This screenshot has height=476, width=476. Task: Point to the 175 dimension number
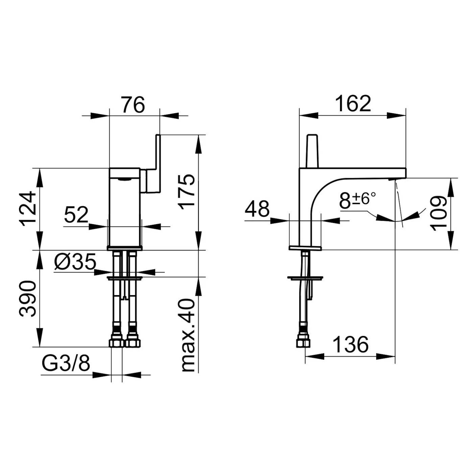click(x=187, y=192)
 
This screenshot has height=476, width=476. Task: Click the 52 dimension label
click(x=76, y=214)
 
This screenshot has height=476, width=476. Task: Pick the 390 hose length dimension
click(x=27, y=299)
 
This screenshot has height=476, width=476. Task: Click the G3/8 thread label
click(x=66, y=363)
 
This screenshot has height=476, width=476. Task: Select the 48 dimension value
click(x=257, y=209)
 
